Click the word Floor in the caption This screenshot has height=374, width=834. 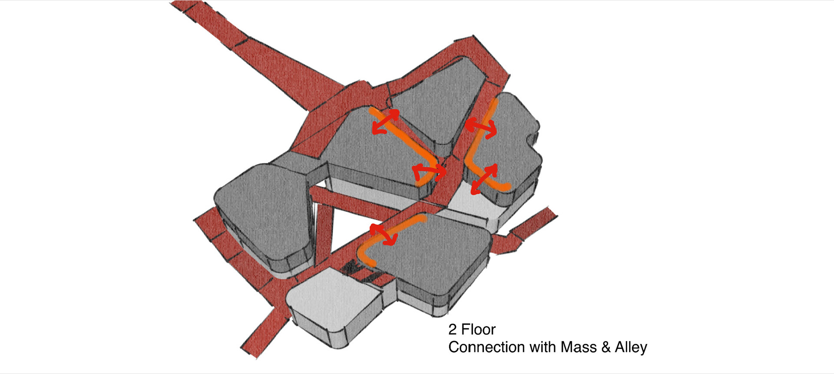(x=478, y=330)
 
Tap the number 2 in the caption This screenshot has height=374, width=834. (x=452, y=330)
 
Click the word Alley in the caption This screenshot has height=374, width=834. (x=631, y=347)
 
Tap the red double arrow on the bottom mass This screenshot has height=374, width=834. (x=384, y=235)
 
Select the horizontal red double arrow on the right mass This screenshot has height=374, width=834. (x=481, y=129)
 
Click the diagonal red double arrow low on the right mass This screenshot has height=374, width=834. (x=484, y=179)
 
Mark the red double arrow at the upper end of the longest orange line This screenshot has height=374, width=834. (x=385, y=121)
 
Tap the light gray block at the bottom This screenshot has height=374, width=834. (x=332, y=304)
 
